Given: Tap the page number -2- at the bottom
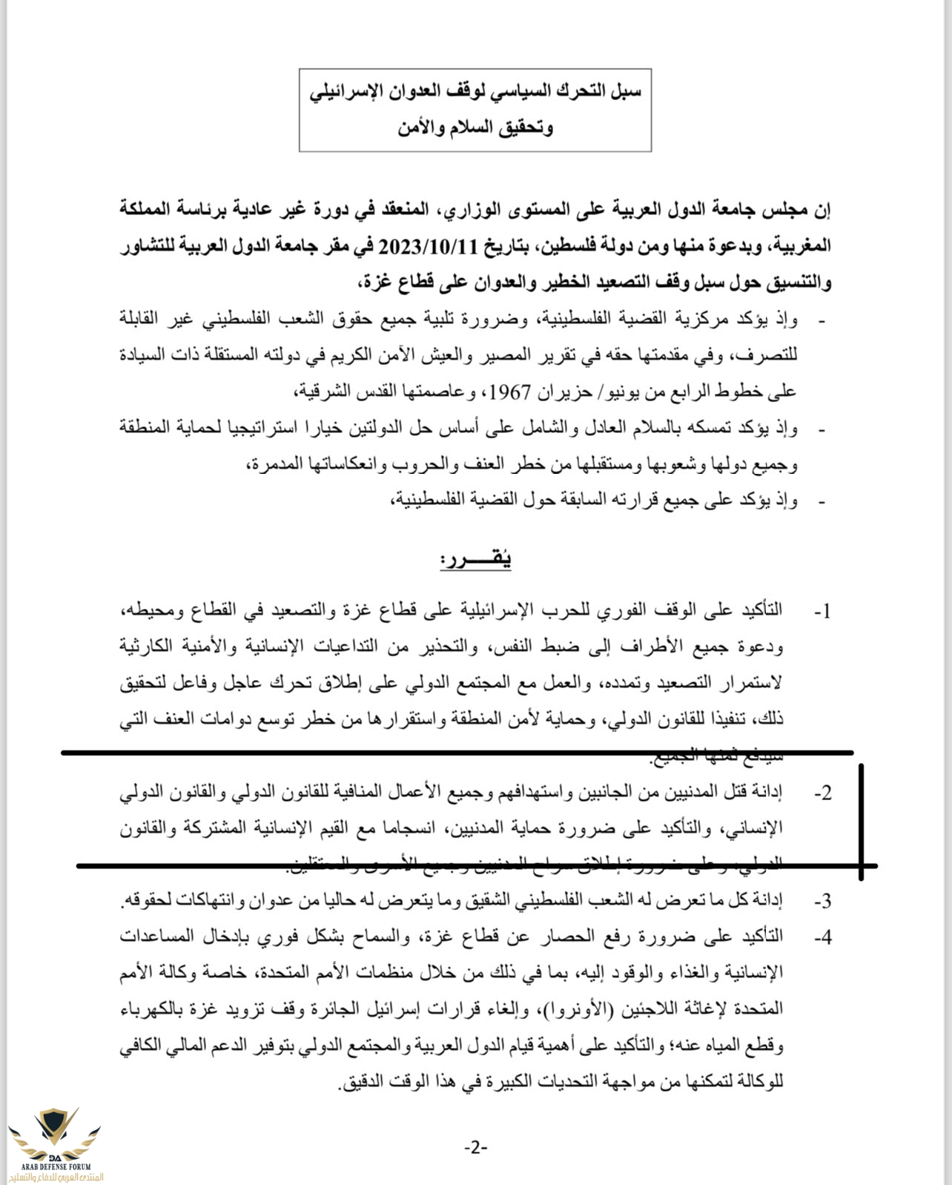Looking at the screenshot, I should (x=475, y=1147).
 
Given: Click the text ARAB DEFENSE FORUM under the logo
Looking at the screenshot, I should (x=55, y=1166).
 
